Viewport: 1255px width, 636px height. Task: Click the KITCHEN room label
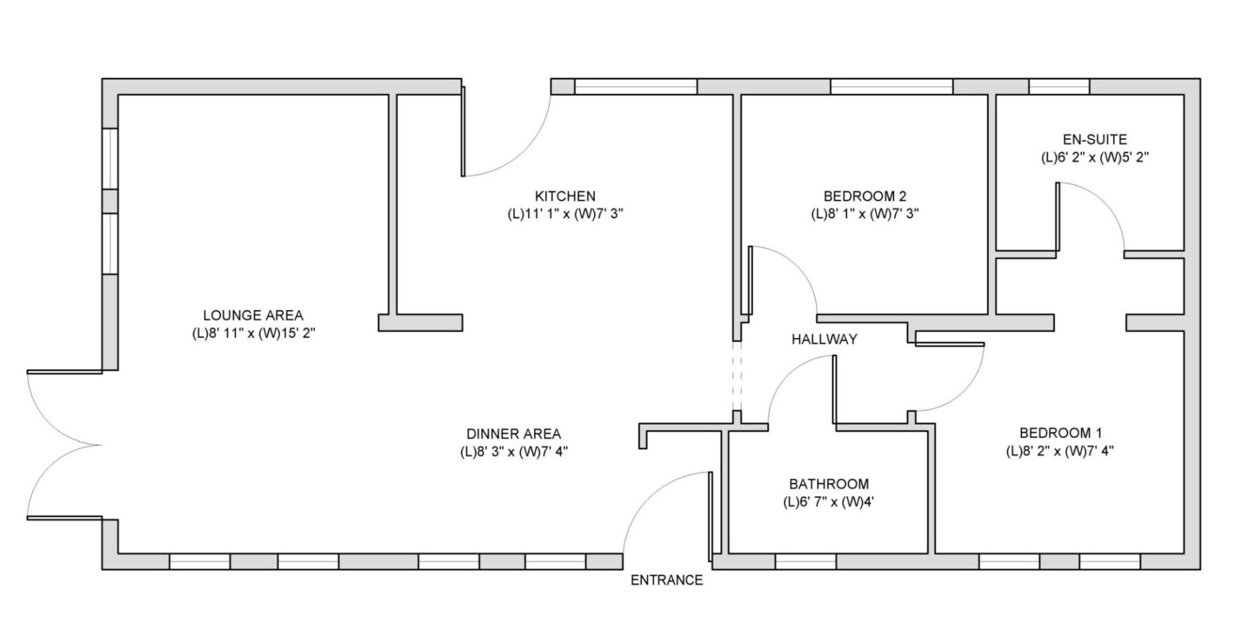(565, 196)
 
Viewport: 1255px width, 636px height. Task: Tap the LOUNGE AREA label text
(253, 316)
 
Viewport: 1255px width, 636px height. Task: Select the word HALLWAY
(824, 339)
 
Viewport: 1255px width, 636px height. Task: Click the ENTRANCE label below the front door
(667, 580)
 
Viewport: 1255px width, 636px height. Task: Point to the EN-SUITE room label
(1095, 139)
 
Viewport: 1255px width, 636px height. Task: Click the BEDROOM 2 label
(865, 196)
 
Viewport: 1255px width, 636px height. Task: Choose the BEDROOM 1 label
(1061, 433)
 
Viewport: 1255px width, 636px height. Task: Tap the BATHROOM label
(829, 484)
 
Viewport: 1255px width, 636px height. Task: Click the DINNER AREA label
(514, 434)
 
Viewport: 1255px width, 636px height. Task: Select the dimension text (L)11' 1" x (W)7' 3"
(566, 214)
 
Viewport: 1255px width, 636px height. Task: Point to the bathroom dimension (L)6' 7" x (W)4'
(829, 503)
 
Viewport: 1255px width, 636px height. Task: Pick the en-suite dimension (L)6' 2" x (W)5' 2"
(1095, 158)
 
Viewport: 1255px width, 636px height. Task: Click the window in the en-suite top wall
(1060, 86)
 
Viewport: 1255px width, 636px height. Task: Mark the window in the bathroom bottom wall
(806, 561)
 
